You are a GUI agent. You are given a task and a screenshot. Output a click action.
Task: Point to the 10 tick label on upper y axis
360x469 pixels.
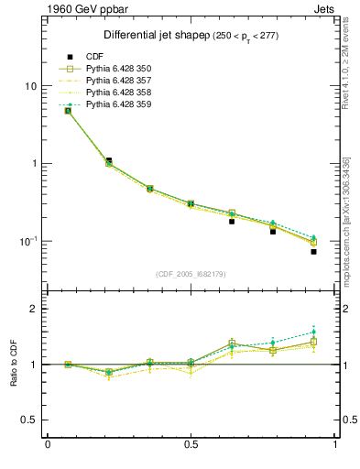coord(30,86)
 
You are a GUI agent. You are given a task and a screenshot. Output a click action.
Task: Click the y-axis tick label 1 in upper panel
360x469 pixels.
coord(34,164)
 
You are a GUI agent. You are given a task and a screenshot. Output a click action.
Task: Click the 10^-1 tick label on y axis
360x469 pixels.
coord(28,241)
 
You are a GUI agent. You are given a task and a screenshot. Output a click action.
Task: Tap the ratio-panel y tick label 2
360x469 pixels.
coord(34,309)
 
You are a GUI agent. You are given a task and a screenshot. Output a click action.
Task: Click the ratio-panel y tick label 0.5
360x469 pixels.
coord(28,420)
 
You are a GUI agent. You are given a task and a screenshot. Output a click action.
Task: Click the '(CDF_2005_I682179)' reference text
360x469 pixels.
coord(191,273)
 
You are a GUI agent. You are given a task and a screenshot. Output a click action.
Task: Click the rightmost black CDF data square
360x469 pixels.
coord(313,251)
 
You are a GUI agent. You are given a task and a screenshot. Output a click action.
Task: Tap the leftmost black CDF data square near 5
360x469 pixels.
coord(68,111)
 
